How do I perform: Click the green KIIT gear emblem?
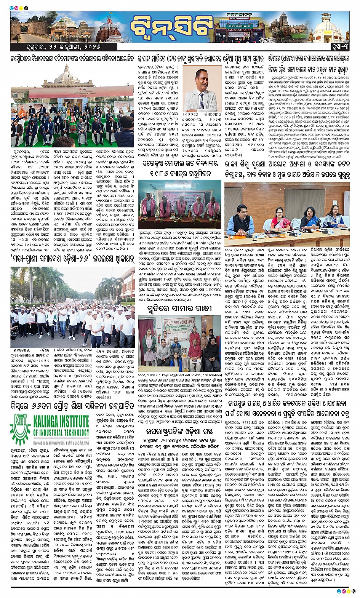tap(21, 428)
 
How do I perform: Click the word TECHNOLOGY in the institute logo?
tap(71, 432)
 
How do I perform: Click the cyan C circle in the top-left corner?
tap(13, 8)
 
